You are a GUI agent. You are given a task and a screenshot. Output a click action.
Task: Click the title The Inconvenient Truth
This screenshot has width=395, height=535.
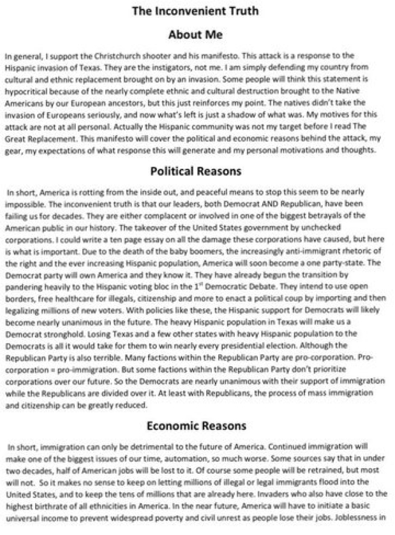[197, 11]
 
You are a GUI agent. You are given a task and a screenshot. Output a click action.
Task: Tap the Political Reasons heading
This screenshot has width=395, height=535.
[197, 171]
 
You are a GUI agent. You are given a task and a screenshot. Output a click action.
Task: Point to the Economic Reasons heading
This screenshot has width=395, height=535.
[197, 425]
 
